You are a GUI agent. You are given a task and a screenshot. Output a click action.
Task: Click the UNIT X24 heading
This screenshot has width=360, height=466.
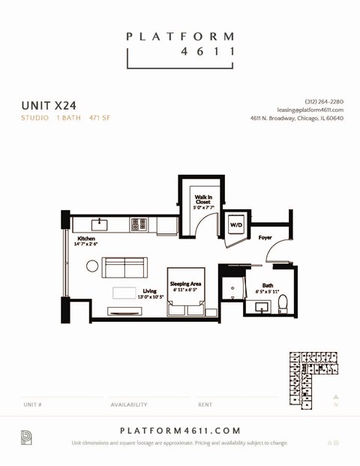click(x=49, y=106)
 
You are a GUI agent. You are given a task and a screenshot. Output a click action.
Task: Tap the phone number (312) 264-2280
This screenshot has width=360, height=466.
click(x=324, y=101)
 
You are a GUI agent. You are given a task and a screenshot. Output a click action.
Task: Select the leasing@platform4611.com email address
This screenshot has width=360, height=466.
click(x=310, y=110)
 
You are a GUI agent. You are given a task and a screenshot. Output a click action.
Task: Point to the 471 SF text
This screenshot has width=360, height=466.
click(x=100, y=118)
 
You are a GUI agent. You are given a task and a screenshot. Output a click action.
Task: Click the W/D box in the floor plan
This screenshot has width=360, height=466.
click(x=236, y=225)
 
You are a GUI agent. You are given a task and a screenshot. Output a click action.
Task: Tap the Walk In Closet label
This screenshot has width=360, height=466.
click(x=203, y=200)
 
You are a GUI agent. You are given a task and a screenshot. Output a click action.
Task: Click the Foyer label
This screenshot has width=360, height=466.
click(x=265, y=237)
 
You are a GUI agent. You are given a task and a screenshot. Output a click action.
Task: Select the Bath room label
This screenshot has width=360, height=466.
click(x=267, y=285)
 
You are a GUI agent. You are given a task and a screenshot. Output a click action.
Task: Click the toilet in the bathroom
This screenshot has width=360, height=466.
click(x=283, y=303)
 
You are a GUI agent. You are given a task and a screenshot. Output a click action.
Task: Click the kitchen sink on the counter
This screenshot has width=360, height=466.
click(x=100, y=224)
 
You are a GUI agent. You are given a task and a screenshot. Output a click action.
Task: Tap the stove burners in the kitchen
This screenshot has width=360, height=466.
click(x=138, y=224)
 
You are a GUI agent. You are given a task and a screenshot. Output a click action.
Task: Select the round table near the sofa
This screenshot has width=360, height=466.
click(x=92, y=266)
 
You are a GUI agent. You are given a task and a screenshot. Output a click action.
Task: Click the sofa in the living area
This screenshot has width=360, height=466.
click(x=124, y=267)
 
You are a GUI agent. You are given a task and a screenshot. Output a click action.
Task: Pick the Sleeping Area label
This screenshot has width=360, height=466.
click(x=185, y=284)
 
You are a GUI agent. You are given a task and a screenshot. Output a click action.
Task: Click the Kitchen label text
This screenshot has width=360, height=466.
click(x=85, y=239)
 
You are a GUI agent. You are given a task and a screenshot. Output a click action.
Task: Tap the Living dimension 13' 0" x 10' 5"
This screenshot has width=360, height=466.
click(x=150, y=297)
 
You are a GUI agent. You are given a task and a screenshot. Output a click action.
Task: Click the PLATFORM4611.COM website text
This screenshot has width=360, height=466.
click(x=180, y=430)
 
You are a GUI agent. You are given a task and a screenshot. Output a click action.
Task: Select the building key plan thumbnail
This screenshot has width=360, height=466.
click(x=308, y=379)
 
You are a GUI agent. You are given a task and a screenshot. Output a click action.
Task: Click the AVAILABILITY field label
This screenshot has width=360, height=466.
click(x=129, y=404)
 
